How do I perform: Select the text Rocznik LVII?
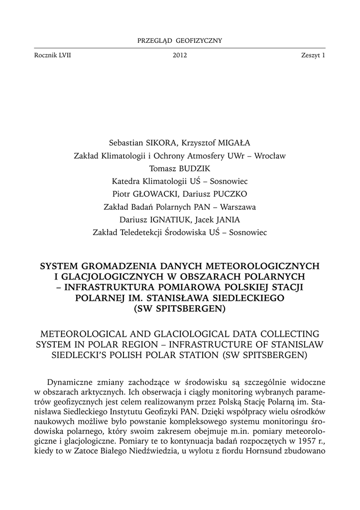(52, 56)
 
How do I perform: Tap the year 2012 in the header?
(180, 56)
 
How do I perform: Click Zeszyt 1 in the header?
(313, 56)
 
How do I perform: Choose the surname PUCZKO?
(229, 194)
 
